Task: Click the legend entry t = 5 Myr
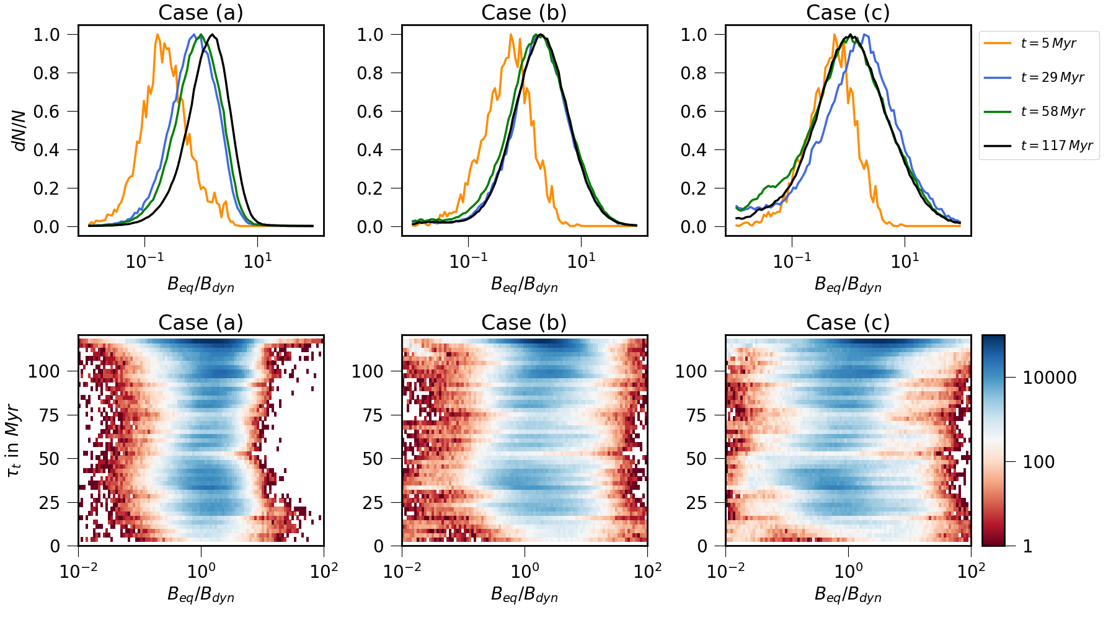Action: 1048,43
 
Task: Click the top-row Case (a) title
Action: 201,12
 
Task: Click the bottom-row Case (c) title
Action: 848,322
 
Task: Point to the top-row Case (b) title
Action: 524,12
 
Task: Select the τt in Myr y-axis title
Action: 14,441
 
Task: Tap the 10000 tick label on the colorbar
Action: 1049,378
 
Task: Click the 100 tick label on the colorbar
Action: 1038,462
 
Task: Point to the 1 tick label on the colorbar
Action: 1027,546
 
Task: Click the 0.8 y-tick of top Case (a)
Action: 46,73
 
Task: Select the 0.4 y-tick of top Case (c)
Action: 694,150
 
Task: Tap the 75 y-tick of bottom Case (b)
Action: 374,415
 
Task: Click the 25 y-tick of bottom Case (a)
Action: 50,503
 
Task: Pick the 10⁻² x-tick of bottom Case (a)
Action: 78,570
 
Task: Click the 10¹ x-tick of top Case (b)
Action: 581,261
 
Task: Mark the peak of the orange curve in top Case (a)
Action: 157,35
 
